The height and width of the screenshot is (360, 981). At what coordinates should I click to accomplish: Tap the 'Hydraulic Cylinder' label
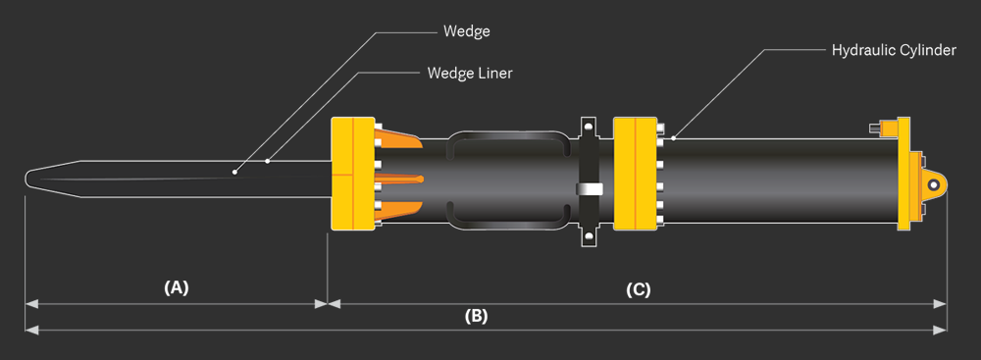(x=893, y=49)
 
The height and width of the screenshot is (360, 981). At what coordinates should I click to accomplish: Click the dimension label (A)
(x=176, y=287)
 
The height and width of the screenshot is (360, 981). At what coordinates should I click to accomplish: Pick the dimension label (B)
(x=476, y=316)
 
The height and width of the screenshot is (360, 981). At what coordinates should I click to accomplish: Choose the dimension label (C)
(x=638, y=289)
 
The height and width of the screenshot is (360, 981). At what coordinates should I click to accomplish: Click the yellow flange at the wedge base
(x=352, y=174)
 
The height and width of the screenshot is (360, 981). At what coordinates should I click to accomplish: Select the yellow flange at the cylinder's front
(x=634, y=174)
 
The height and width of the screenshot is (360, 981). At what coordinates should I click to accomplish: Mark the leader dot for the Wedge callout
(x=235, y=173)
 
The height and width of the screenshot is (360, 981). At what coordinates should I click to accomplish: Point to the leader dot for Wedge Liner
(x=268, y=161)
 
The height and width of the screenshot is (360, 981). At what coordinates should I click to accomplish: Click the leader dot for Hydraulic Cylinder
(x=673, y=139)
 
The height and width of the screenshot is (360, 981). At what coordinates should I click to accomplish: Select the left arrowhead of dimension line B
(x=29, y=331)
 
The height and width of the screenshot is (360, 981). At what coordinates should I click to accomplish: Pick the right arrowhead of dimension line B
(x=943, y=331)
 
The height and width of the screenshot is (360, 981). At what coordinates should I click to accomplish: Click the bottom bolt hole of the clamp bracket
(x=588, y=236)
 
